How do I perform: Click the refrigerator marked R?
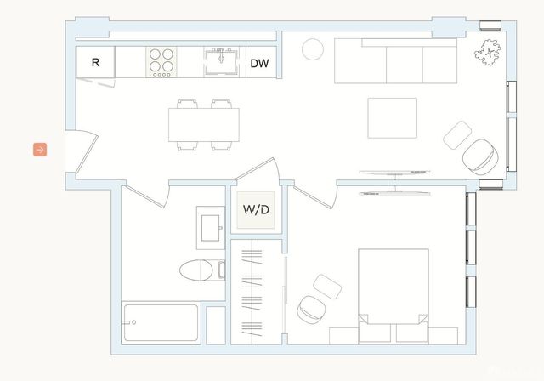[x=95, y=62]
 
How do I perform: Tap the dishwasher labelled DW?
[x=260, y=62]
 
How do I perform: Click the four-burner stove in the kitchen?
[x=161, y=61]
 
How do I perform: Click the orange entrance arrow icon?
[x=40, y=150]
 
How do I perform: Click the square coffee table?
[x=392, y=117]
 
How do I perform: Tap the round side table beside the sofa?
[x=314, y=48]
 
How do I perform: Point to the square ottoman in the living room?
[x=458, y=134]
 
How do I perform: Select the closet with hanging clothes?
[x=256, y=292]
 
